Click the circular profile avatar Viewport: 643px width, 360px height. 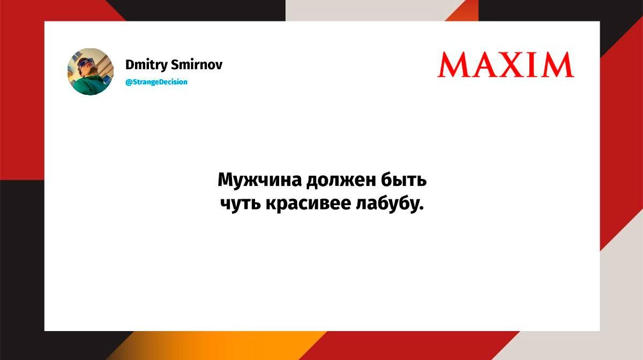(x=91, y=71)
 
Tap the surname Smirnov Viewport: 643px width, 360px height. (x=197, y=65)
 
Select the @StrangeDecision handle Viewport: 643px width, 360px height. (x=156, y=82)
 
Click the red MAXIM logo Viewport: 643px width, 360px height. (x=506, y=65)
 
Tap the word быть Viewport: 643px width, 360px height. (x=403, y=179)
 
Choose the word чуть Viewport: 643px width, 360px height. (x=240, y=204)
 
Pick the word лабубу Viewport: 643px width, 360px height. (x=387, y=204)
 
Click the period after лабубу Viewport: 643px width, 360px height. (x=421, y=208)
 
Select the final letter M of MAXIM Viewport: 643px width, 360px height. (x=558, y=65)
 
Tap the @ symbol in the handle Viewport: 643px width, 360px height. (x=129, y=82)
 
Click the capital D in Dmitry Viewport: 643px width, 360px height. (x=130, y=65)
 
